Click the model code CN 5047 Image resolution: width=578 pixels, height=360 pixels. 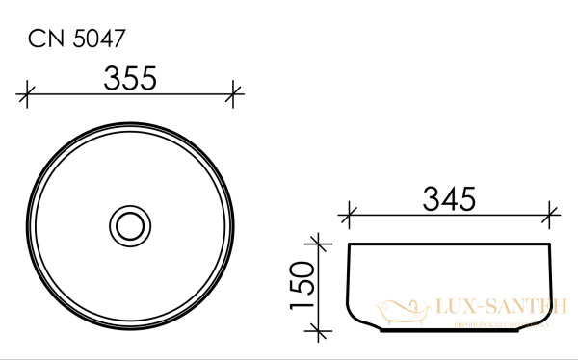77,39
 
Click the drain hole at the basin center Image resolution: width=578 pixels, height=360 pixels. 130,226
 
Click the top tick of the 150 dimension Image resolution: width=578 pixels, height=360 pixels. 316,243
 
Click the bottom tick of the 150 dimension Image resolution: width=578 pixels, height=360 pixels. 316,332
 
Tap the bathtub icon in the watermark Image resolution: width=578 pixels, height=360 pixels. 398,309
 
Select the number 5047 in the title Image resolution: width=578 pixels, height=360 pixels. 97,39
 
